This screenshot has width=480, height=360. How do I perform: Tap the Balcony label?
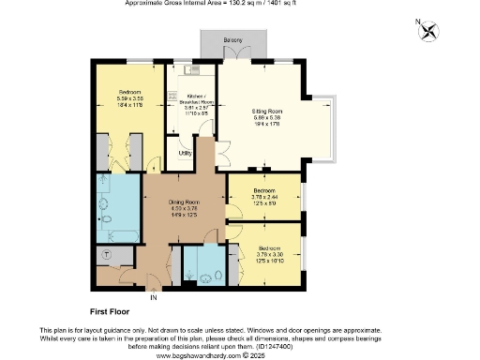(x=233, y=40)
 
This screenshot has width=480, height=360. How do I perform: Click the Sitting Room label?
(x=266, y=112)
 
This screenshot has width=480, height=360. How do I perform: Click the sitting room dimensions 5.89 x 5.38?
(x=266, y=119)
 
